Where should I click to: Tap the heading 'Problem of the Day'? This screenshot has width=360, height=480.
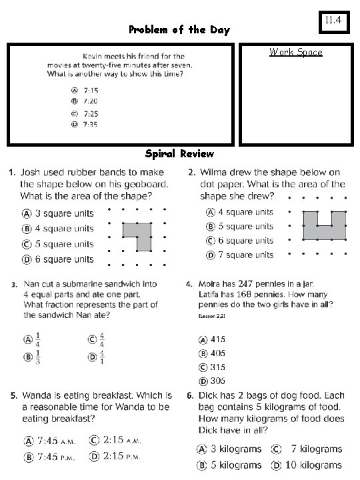pos(179,30)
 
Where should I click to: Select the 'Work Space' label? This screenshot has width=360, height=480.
pos(295,52)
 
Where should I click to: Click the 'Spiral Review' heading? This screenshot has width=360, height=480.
pos(179,153)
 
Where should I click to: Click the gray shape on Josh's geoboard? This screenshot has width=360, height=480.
pos(139,234)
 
